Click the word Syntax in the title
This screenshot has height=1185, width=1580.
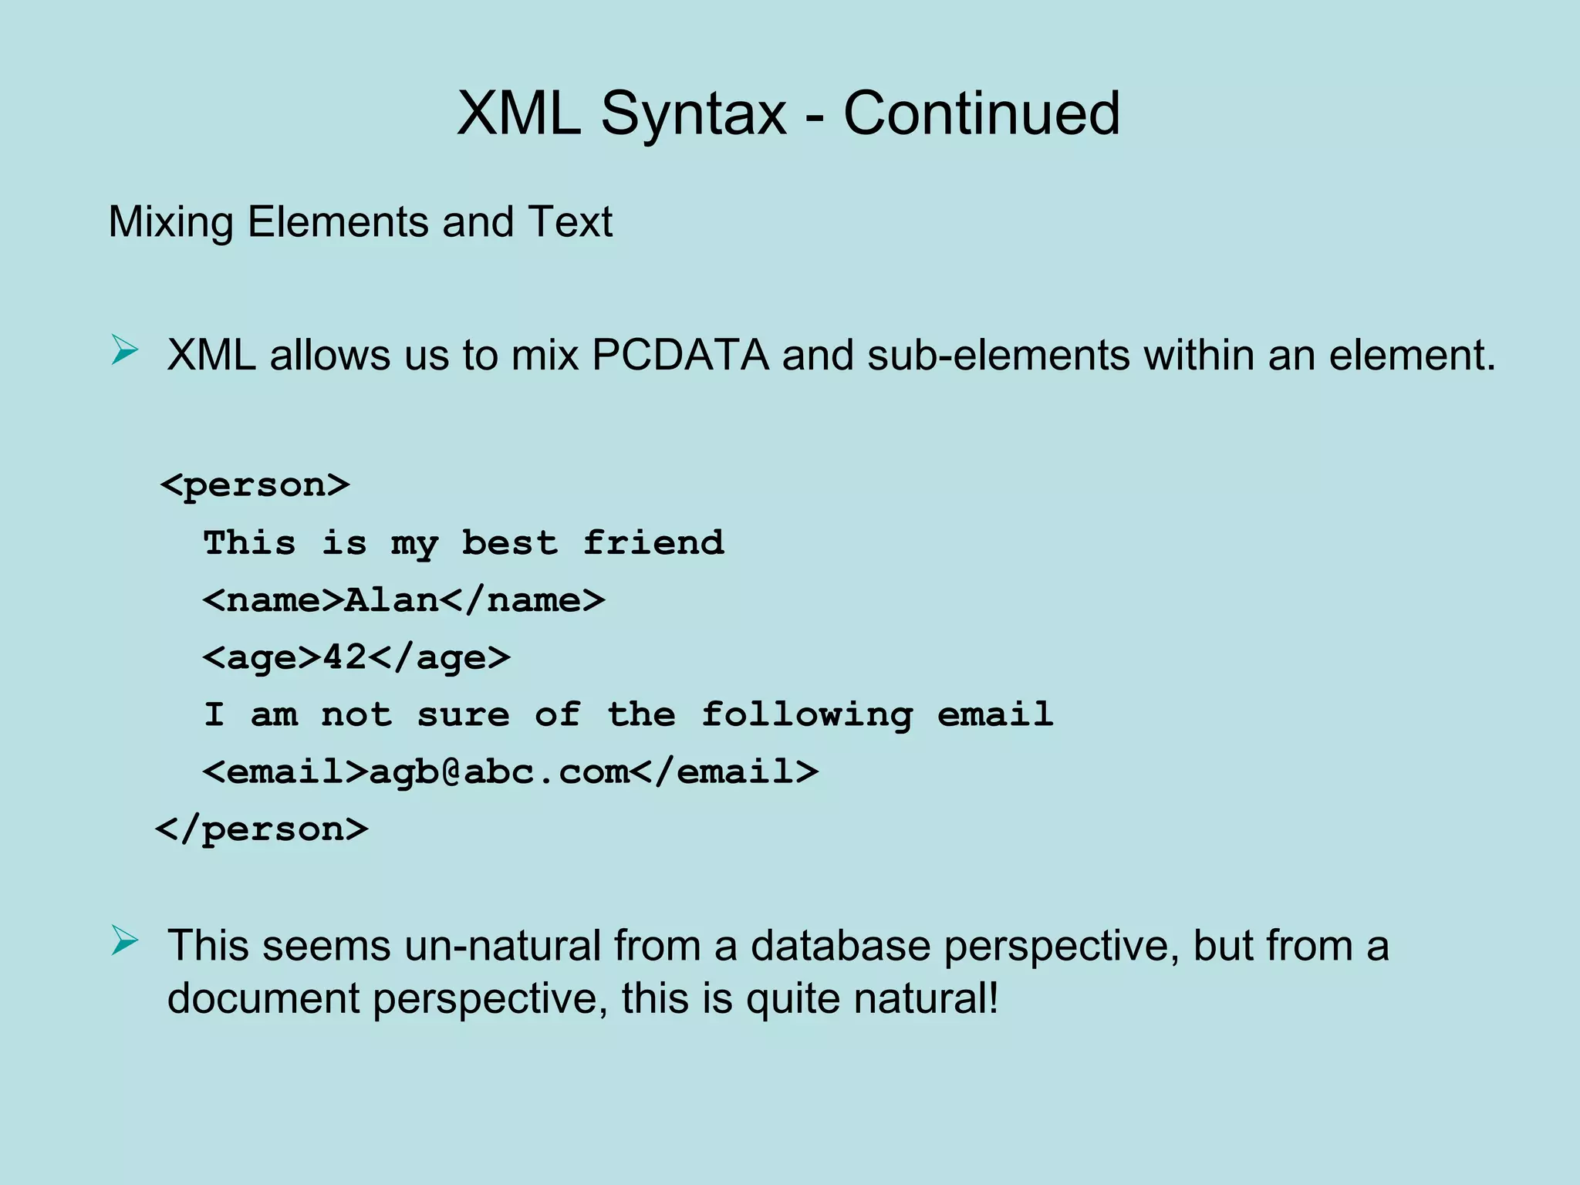point(693,114)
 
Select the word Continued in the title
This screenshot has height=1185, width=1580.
point(981,114)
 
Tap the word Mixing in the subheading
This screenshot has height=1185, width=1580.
point(170,222)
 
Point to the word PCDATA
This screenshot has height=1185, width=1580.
point(680,356)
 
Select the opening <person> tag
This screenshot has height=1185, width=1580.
point(255,485)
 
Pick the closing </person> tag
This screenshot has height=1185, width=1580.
point(262,829)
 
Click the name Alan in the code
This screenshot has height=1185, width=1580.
point(392,600)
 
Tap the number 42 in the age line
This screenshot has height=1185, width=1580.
point(345,657)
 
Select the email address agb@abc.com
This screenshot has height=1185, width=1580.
point(499,771)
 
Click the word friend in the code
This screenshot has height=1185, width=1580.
point(653,543)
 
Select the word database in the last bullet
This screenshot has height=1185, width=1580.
point(840,946)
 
